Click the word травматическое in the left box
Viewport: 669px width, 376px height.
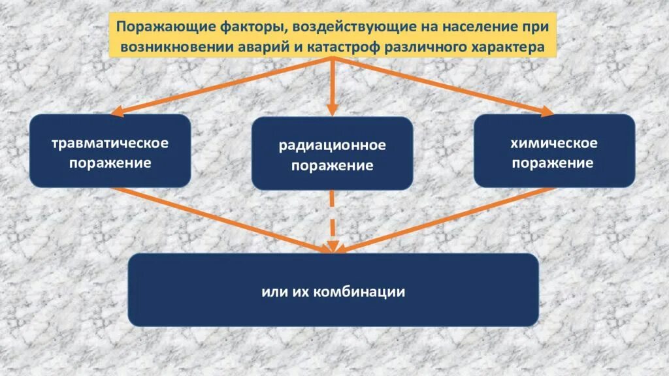[x=110, y=142]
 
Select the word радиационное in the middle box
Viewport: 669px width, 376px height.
[x=333, y=146]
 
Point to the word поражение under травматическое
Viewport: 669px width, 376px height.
[x=110, y=163]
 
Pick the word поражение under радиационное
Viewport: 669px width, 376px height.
[x=333, y=166]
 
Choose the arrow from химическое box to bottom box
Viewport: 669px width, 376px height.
[x=444, y=219]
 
